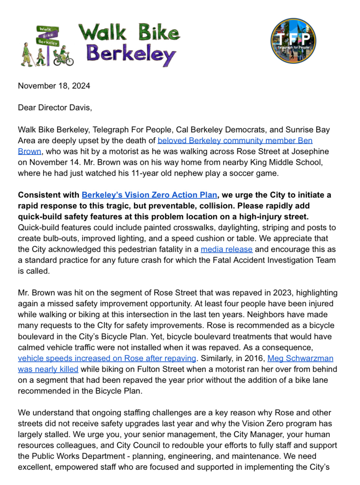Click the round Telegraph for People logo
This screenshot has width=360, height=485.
(x=293, y=40)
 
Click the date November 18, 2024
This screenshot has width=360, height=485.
(x=54, y=86)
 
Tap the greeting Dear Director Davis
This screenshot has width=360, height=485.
(x=55, y=108)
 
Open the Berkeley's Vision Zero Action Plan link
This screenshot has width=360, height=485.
(x=149, y=195)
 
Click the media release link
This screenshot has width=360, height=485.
(x=226, y=249)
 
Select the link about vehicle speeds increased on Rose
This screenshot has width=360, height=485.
(x=107, y=358)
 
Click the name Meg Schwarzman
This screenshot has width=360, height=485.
(x=300, y=358)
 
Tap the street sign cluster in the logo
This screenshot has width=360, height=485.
(x=48, y=36)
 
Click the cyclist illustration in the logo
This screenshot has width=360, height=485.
(x=63, y=56)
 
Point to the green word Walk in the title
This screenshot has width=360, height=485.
(x=102, y=33)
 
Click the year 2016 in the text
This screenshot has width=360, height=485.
(x=255, y=358)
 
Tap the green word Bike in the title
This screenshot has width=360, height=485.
(x=159, y=33)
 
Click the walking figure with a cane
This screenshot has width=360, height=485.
(x=27, y=55)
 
